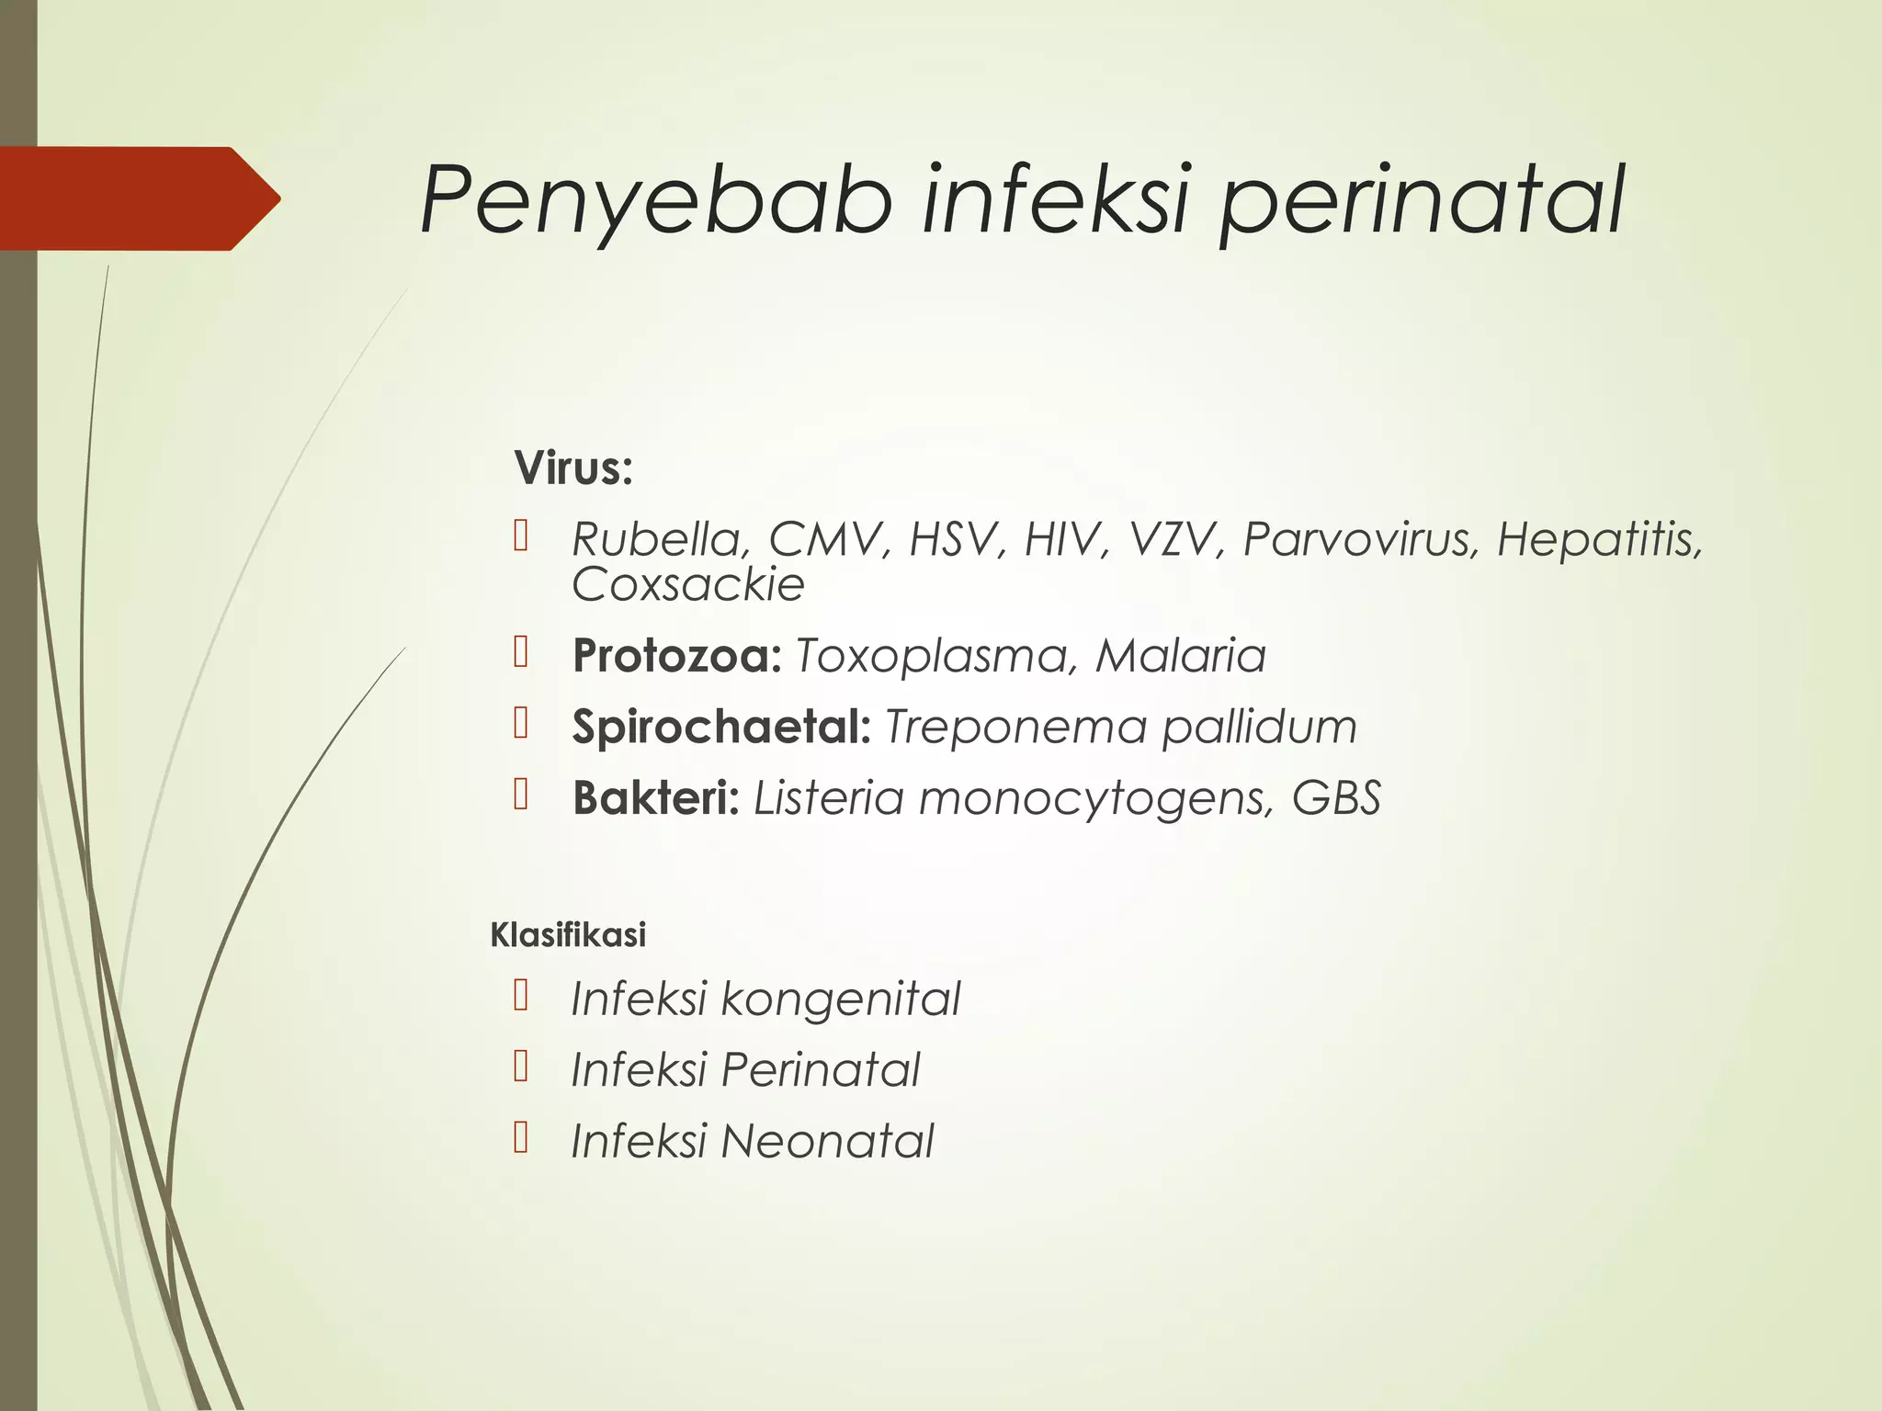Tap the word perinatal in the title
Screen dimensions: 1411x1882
[1421, 200]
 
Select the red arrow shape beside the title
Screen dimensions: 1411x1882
[138, 198]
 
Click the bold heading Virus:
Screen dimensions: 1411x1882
[573, 468]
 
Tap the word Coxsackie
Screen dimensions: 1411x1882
[687, 584]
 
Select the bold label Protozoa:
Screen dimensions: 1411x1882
[676, 656]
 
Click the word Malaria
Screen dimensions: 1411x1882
[1181, 656]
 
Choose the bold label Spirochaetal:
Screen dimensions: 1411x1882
[720, 727]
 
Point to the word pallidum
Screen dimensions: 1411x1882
[1259, 727]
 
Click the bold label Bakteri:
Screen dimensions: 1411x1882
[656, 797]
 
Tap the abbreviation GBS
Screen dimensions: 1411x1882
[1336, 797]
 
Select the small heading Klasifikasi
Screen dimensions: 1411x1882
[568, 935]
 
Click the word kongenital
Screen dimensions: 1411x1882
[840, 999]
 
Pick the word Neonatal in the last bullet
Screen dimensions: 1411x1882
[827, 1141]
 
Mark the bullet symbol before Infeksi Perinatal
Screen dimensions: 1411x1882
[521, 1067]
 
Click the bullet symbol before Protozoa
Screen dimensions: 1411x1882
[521, 653]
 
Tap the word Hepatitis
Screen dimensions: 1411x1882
[1599, 539]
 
